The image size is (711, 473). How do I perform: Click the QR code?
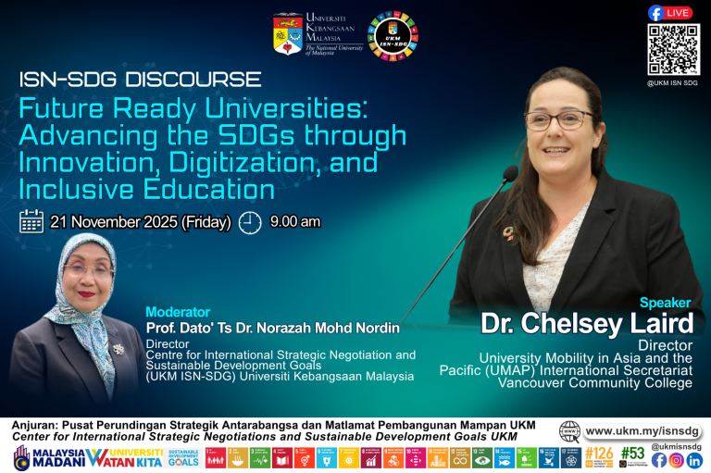click(673, 49)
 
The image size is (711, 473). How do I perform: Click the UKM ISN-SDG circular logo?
click(393, 37)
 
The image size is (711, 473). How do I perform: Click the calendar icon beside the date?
click(31, 221)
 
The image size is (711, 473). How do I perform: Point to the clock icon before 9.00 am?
click(250, 222)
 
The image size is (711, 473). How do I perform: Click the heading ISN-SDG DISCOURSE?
click(140, 80)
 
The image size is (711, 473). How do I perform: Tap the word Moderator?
click(178, 312)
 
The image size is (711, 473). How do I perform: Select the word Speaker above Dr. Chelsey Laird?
click(666, 303)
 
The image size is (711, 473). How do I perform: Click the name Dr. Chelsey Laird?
click(587, 325)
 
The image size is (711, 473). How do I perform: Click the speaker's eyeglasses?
click(558, 119)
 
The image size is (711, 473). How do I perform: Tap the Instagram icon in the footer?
click(677, 460)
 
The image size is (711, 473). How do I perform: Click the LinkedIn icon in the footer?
click(694, 460)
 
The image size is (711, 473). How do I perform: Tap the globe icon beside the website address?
click(570, 431)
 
